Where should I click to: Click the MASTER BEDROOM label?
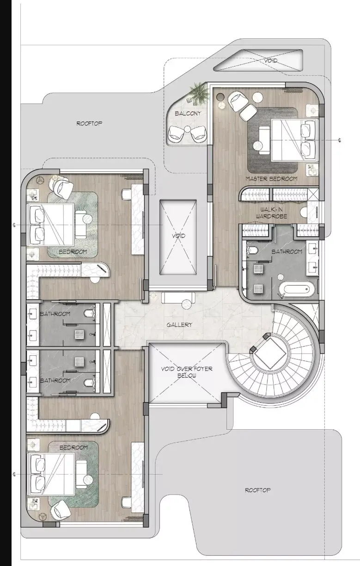[x=271, y=179]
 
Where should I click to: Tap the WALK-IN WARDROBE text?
[x=271, y=213]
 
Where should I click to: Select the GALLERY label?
[x=179, y=324]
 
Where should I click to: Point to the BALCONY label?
[x=188, y=114]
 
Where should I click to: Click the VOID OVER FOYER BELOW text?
[x=187, y=372]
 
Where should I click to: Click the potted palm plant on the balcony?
[x=200, y=92]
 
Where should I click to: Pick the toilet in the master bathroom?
[x=252, y=250]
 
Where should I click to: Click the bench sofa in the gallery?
[x=178, y=297]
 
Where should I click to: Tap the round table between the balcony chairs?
[x=187, y=129]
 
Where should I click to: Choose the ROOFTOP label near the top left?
[x=89, y=123]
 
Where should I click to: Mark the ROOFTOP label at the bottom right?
[x=257, y=490]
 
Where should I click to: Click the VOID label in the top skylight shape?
[x=271, y=61]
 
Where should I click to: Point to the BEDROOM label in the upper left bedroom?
[x=73, y=251]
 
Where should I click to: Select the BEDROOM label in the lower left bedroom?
[x=73, y=447]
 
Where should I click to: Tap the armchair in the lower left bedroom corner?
[x=61, y=510]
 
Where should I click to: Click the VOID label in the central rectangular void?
[x=179, y=236]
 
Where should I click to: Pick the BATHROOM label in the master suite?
[x=287, y=251]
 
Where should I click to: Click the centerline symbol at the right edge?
[x=340, y=140]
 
